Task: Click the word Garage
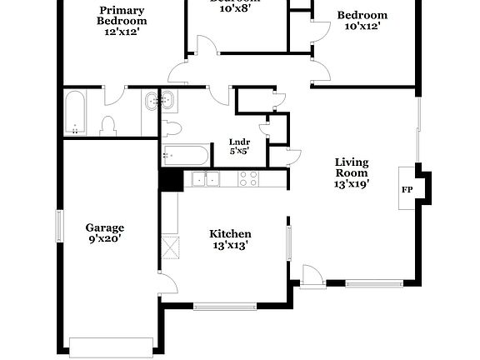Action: point(105,227)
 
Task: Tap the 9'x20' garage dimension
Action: point(105,239)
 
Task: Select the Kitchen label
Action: point(230,234)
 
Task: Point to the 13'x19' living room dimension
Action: point(352,183)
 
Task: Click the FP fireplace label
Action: point(407,190)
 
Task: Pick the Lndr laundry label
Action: point(240,142)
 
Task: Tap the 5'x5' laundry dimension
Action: point(240,152)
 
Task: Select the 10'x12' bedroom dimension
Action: point(362,27)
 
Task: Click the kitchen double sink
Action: point(205,178)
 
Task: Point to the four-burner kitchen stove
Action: point(248,178)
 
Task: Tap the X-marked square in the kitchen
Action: point(170,247)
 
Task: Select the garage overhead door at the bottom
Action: point(111,344)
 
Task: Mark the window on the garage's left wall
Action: point(59,227)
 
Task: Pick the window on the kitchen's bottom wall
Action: point(222,306)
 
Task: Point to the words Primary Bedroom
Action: point(122,15)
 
